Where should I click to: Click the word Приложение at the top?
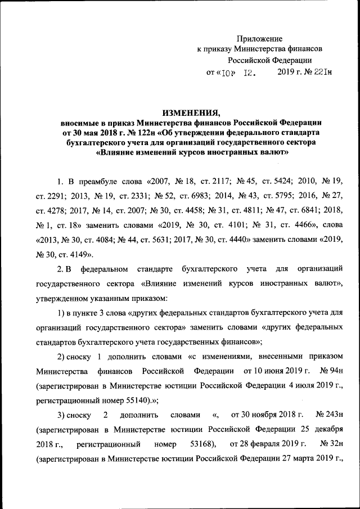click(x=259, y=38)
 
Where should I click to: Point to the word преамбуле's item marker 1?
click(x=60, y=182)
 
